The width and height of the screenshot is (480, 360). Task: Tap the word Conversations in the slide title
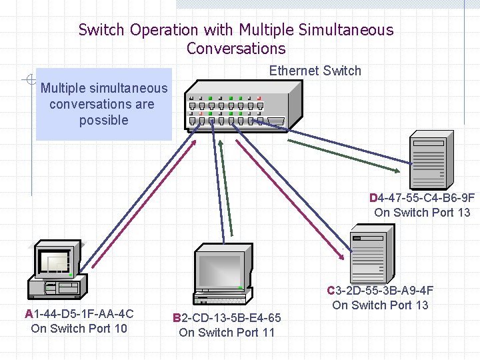click(x=236, y=49)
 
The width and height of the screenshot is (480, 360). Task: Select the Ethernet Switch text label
click(x=315, y=71)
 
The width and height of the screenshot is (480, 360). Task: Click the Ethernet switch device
click(x=237, y=106)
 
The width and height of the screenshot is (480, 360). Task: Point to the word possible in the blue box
click(x=103, y=120)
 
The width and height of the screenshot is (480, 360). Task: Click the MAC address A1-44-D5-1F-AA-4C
click(x=79, y=313)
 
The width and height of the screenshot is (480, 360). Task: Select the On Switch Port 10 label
click(x=79, y=328)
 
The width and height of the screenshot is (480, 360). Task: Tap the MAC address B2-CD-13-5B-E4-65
click(x=227, y=318)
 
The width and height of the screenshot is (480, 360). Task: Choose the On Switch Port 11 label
click(x=227, y=332)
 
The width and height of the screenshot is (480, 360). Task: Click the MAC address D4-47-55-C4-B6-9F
click(x=422, y=198)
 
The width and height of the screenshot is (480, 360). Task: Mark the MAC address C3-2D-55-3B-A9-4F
click(x=380, y=291)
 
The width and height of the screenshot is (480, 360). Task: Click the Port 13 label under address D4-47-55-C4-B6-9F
click(x=422, y=213)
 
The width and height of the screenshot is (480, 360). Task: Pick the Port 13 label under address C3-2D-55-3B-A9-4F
click(x=380, y=305)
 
